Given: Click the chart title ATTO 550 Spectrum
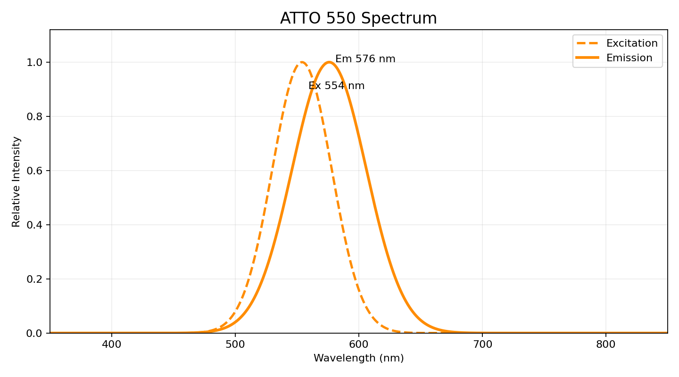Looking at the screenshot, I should pos(358,18).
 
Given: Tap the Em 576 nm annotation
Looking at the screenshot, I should pos(365,59).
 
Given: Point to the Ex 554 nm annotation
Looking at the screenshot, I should pos(336,86).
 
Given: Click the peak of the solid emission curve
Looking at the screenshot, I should pos(329,62).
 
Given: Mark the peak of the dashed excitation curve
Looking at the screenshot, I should pos(302,62).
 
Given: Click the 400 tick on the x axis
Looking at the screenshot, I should pos(112,344).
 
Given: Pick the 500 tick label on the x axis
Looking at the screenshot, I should pos(235,344).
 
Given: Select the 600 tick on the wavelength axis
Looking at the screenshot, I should pos(359,344).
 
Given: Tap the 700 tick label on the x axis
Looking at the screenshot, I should pos(482,344).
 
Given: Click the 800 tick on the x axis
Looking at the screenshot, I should pos(606,344).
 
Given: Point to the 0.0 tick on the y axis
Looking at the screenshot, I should pos(37,333).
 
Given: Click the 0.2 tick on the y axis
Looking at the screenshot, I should pos(37,279).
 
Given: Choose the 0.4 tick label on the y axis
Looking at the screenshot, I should pos(37,225).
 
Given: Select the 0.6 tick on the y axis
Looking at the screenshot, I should pos(37,171).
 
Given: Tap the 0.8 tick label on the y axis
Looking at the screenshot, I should pos(37,116).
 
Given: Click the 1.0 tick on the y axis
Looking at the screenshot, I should pos(37,62).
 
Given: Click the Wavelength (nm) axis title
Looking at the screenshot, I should pos(358,358).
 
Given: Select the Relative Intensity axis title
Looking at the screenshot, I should pos(17,181).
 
